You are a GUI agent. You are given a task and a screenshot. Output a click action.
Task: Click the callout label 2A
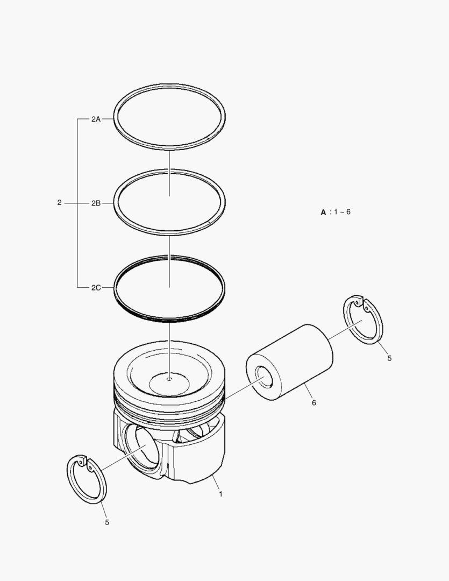click(x=96, y=119)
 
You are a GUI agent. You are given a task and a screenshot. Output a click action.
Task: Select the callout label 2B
click(x=96, y=203)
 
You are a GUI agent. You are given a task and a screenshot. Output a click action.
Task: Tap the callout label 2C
click(x=96, y=287)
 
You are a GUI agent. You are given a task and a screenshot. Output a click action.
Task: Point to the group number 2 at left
click(x=59, y=203)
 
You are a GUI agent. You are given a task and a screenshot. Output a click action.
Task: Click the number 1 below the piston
click(x=221, y=494)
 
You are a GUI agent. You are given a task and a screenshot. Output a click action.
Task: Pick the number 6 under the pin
click(x=314, y=402)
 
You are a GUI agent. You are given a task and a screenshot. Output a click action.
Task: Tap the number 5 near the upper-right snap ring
click(x=389, y=358)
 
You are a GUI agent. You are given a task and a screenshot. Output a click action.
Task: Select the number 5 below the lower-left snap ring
click(x=107, y=522)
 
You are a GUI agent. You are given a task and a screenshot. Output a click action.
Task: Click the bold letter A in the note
click(x=323, y=212)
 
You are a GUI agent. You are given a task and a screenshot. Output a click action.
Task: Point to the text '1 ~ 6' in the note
click(x=342, y=212)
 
